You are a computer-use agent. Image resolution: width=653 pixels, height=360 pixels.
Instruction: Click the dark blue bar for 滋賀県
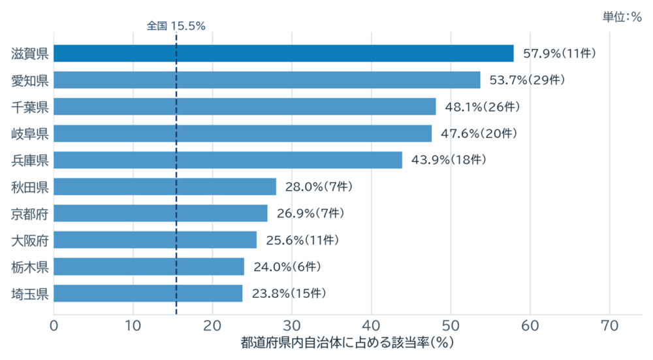coord(283,54)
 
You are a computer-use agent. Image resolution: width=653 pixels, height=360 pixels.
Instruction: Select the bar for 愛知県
coord(267,80)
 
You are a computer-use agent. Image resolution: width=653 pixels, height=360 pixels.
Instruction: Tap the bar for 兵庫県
coord(228,160)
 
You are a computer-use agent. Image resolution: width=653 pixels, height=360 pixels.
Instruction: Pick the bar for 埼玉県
coord(148,293)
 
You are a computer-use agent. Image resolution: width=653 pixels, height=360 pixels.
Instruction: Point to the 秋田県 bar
coord(165,187)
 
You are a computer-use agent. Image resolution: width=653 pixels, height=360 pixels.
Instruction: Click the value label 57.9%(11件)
coord(560,54)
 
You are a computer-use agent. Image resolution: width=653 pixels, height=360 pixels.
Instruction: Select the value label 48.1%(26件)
coord(483,106)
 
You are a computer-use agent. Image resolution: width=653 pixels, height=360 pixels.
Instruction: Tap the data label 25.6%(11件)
coord(302,240)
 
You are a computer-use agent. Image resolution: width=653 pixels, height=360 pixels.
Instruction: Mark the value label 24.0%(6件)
coord(287,267)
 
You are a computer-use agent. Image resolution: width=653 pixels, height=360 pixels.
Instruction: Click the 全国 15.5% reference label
coord(176,26)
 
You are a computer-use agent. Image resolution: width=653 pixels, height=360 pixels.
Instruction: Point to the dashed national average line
coord(176,174)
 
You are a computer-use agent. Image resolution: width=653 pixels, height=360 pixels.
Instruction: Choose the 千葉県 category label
coord(30,107)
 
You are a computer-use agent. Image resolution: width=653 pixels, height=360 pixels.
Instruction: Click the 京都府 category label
coord(30,214)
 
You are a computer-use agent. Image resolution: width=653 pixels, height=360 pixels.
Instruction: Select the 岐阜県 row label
coord(30,134)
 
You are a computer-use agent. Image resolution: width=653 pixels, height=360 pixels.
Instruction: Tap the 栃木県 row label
coord(30,267)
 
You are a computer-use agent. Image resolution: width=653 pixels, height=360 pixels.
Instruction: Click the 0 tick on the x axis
coord(54,325)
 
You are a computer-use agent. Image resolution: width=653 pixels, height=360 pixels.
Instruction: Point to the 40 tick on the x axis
coord(371,325)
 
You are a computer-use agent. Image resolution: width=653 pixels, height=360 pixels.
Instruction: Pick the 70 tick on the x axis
coord(610,325)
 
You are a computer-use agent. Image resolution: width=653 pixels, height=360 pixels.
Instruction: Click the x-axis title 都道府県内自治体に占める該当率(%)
coord(347,342)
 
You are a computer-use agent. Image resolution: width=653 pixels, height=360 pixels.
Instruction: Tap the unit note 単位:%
coord(622,17)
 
